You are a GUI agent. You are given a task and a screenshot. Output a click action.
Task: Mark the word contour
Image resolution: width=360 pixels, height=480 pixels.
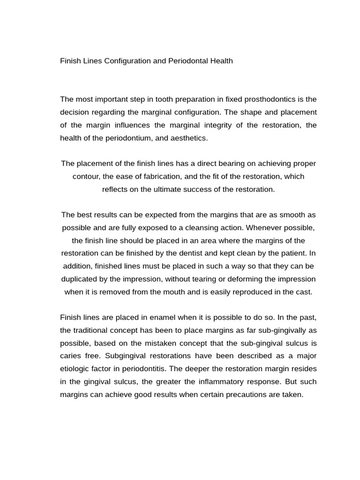coord(85,176)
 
